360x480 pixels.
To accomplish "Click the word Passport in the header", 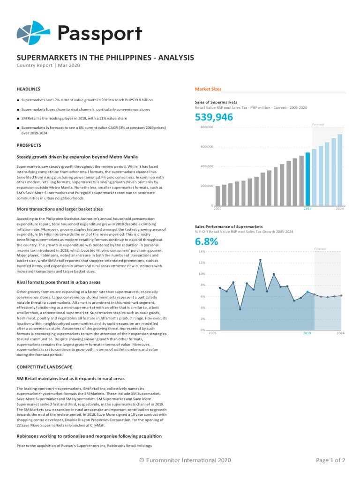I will tap(99, 34).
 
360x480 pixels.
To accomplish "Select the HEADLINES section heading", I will tap(29, 89).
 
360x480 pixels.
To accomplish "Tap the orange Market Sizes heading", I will tap(208, 89).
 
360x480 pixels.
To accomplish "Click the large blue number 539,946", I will tap(214, 117).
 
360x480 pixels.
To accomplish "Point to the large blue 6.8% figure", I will tap(207, 242).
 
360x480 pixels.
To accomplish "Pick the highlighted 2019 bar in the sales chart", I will tap(307, 179).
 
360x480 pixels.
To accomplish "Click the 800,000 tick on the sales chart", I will tap(207, 127).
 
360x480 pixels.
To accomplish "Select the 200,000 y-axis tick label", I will tap(207, 186).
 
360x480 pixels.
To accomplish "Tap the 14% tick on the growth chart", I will tap(202, 252).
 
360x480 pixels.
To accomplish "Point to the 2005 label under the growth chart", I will tap(212, 333).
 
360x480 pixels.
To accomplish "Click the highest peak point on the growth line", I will tap(260, 260).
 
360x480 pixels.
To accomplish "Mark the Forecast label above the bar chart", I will tap(318, 124).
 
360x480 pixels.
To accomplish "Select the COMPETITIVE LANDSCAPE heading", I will tap(45, 367).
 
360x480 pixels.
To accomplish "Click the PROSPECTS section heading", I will tap(29, 145).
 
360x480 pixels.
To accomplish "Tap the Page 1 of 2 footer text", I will tap(330, 460).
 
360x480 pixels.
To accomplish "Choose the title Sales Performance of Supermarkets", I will tap(229, 226).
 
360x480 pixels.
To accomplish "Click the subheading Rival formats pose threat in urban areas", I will tap(59, 282).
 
